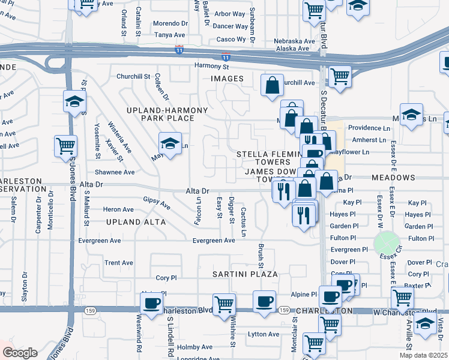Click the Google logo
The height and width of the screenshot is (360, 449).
[20, 353]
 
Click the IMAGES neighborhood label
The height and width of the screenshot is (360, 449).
[227, 79]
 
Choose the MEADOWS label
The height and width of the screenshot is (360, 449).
[393, 178]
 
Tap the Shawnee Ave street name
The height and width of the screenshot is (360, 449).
[119, 172]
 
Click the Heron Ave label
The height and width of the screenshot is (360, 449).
[118, 209]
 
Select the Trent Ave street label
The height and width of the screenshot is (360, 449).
[119, 263]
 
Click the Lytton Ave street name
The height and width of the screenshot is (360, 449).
[264, 334]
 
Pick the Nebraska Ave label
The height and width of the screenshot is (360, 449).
[294, 41]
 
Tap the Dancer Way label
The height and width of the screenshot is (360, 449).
[231, 26]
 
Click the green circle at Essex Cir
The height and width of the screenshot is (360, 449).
[387, 243]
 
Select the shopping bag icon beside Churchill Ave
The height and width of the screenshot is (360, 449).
[273, 86]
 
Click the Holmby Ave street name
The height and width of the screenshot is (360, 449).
[195, 347]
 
